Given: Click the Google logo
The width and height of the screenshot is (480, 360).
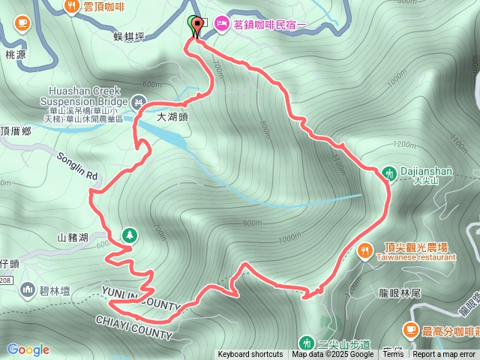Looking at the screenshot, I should click(28, 349).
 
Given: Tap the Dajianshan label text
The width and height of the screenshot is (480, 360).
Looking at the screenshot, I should click(426, 171).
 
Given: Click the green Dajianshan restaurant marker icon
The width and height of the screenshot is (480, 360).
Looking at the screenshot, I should click(389, 172).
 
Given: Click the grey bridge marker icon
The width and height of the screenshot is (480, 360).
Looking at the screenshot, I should click(139, 101).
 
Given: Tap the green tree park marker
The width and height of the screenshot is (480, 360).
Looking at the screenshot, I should click(129, 235).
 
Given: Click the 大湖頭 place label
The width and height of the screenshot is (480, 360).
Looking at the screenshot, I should click(174, 117).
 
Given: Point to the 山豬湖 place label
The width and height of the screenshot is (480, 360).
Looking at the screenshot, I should click(73, 238).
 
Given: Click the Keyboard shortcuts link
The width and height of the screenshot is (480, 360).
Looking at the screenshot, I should click(250, 355).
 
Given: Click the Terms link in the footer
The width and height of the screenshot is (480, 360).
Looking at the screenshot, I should click(392, 355).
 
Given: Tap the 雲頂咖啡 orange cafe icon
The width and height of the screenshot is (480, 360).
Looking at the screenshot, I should click(72, 7).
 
